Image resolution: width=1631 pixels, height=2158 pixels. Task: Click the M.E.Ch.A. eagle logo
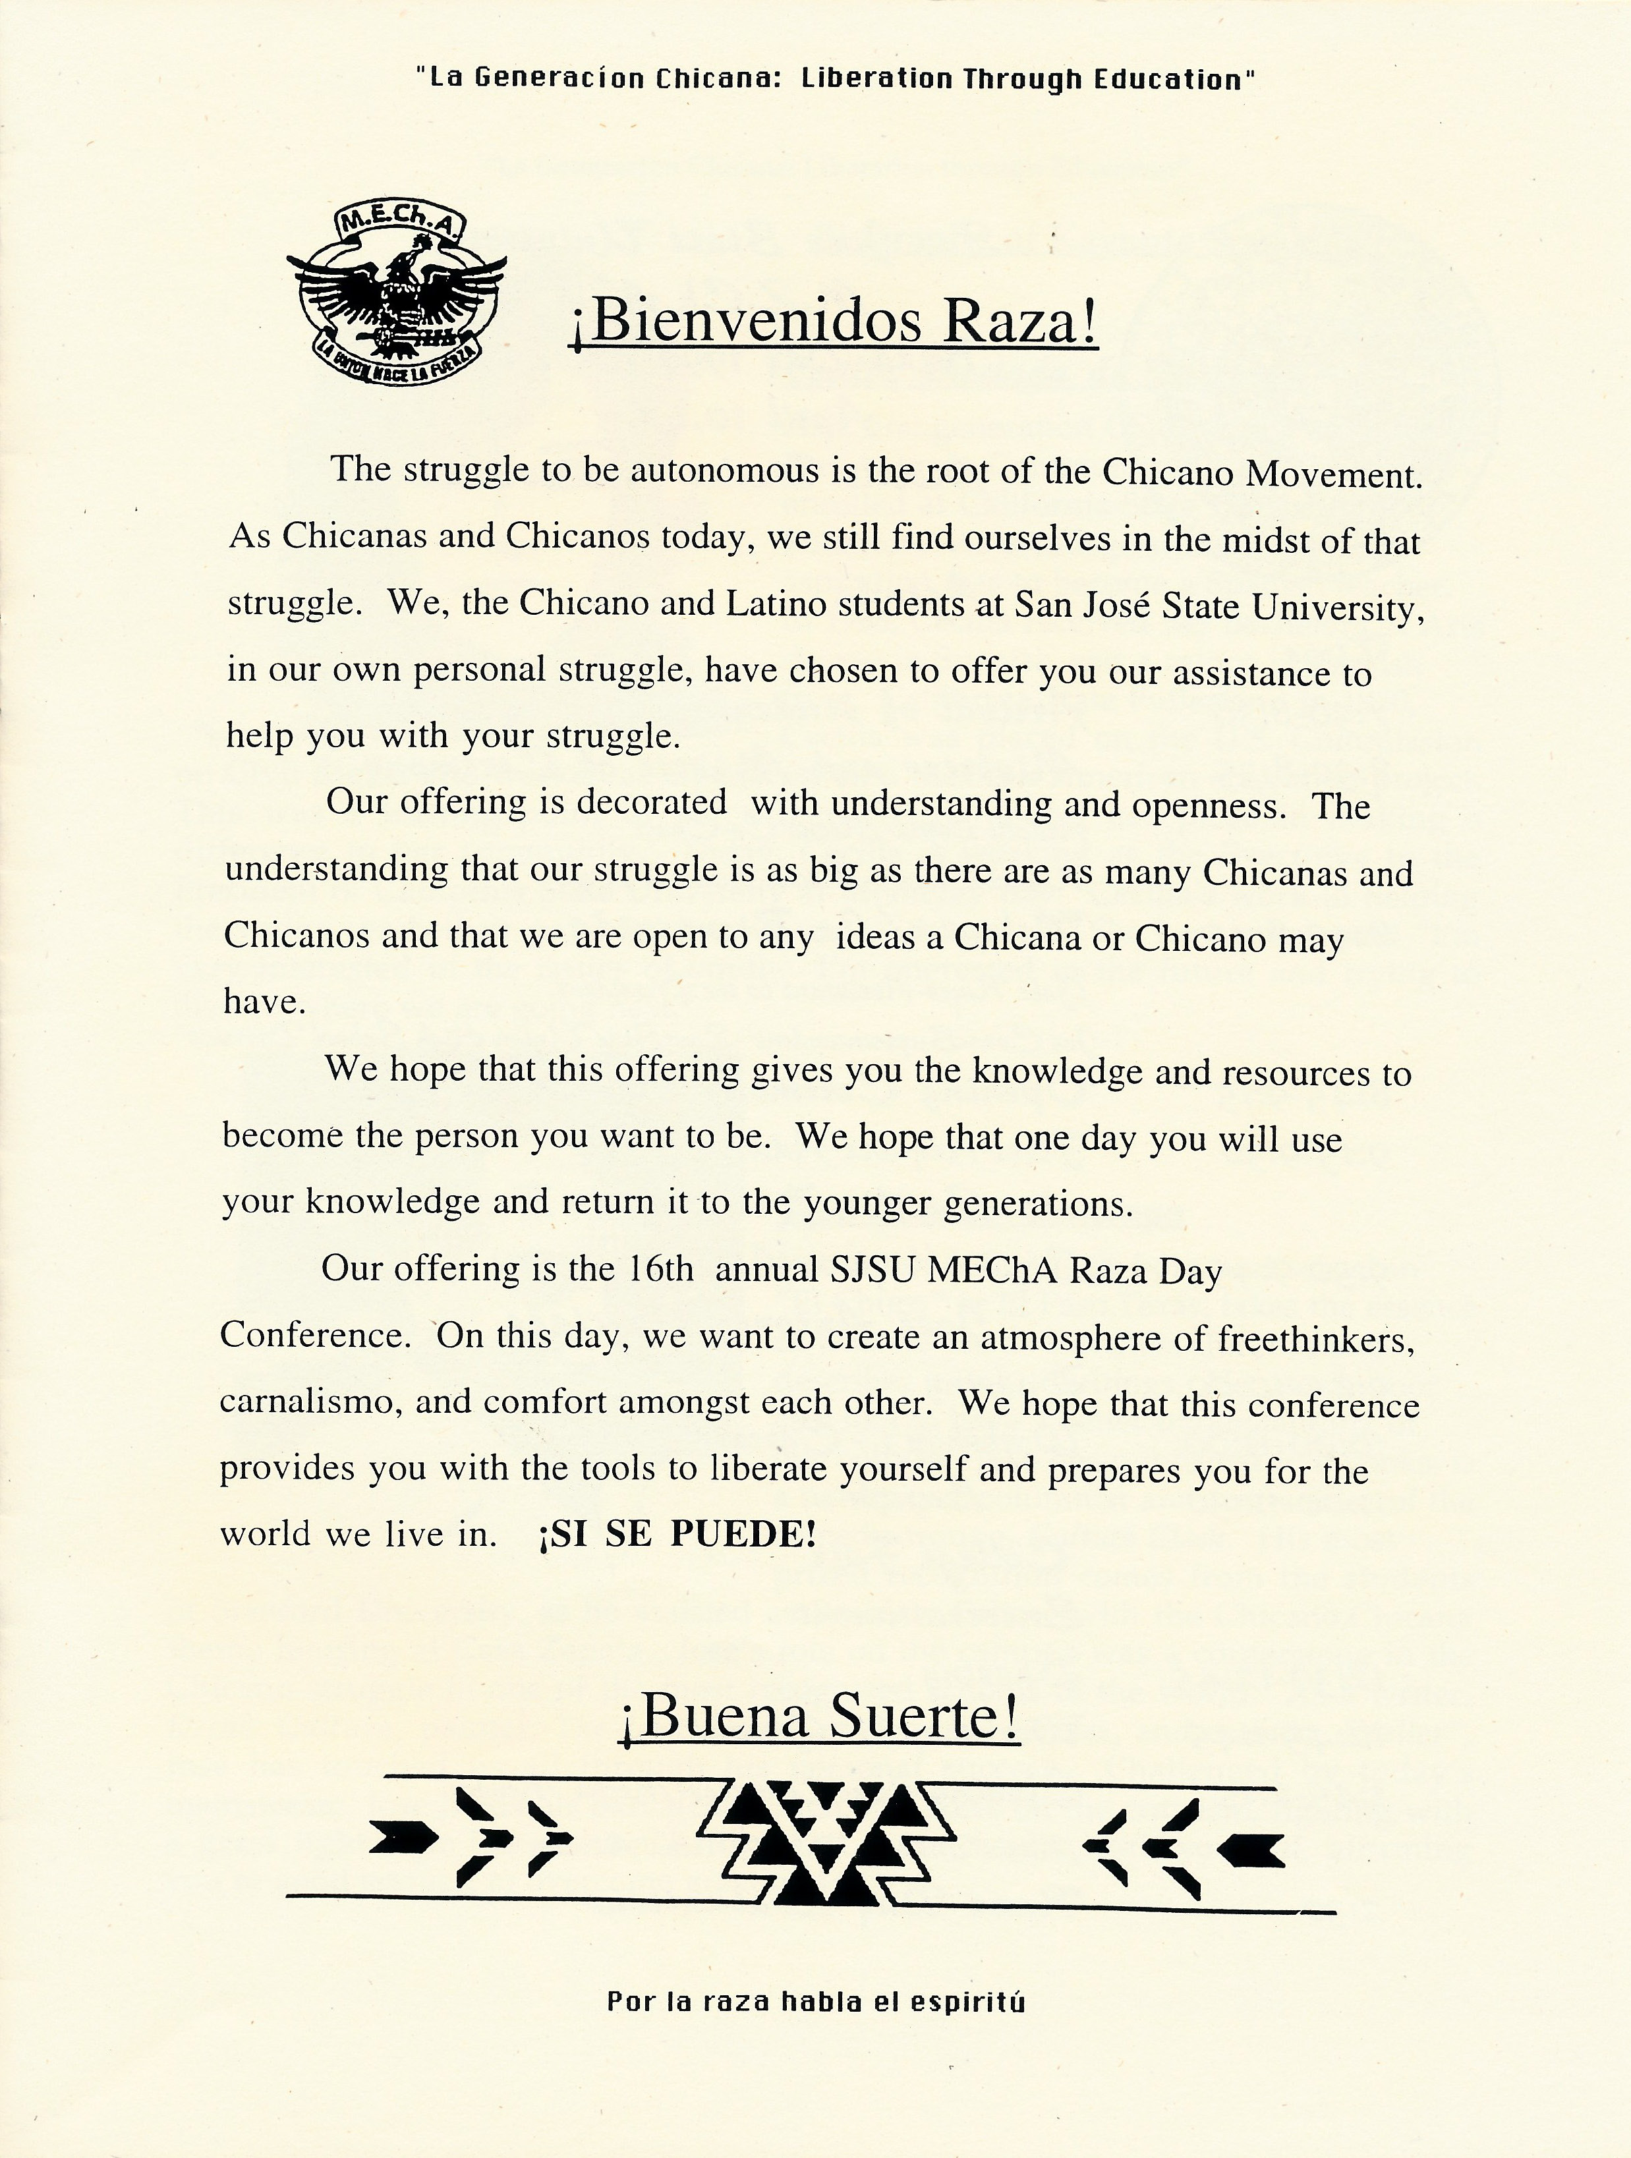396,298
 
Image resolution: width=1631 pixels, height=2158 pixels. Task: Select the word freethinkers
1315,1340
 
